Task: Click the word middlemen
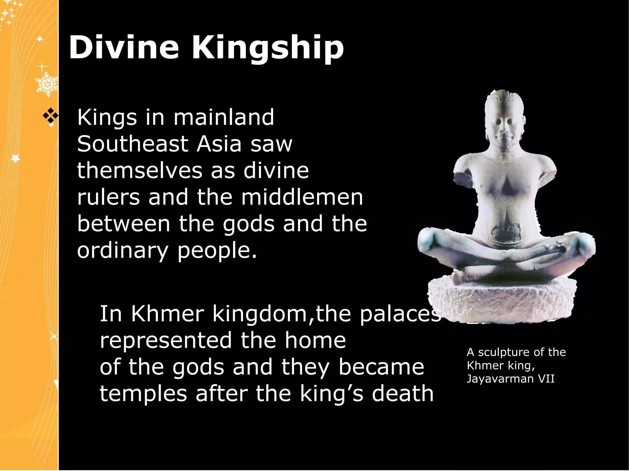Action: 302,197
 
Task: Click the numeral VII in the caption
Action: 546,379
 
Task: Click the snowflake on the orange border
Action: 46,83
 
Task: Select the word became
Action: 381,367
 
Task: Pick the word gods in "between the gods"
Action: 248,224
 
